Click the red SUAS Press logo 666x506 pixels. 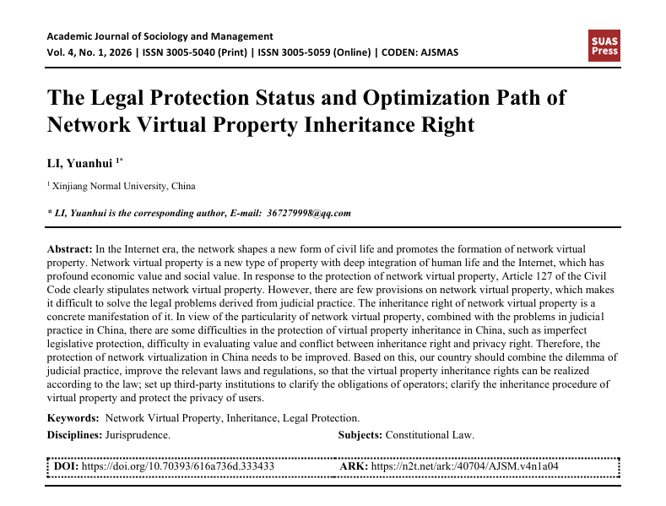[604, 46]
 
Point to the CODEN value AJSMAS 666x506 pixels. [438, 52]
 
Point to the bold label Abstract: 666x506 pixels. [69, 249]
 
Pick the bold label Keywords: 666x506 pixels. [73, 417]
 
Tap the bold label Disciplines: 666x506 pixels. [74, 435]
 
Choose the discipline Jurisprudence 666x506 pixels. [137, 435]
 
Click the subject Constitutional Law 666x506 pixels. [430, 435]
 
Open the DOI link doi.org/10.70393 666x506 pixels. [176, 466]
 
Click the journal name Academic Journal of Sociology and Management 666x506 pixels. [160, 36]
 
